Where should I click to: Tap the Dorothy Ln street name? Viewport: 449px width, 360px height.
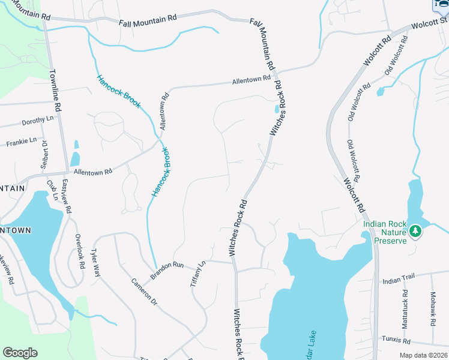(x=37, y=121)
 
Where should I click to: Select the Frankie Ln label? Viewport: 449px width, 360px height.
(x=22, y=143)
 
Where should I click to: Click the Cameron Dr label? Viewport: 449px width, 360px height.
(x=144, y=292)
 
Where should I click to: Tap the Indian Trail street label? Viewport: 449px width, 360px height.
(x=399, y=280)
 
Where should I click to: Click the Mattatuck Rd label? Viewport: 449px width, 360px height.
(x=406, y=308)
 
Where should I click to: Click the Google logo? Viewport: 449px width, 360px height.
(x=20, y=353)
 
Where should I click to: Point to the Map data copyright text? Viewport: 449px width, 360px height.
(x=423, y=355)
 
